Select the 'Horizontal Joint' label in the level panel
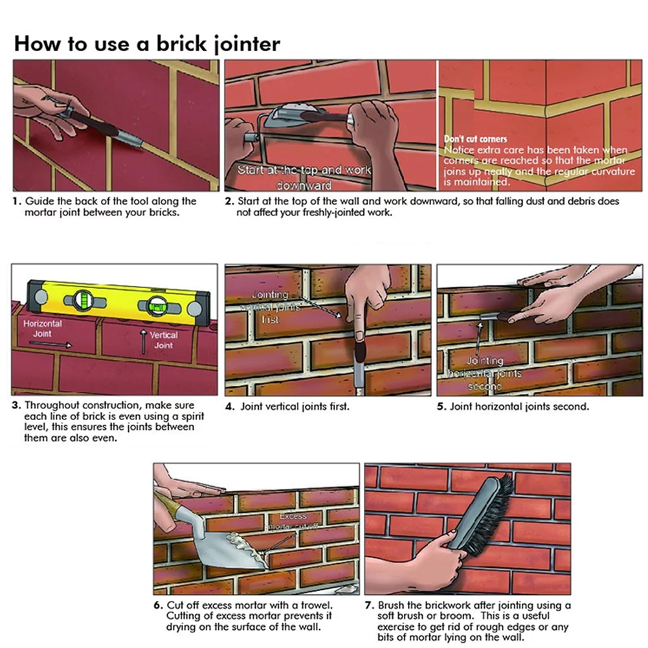click(x=42, y=328)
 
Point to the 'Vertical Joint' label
click(x=164, y=341)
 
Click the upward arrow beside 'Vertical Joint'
click(x=143, y=341)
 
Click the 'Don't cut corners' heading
click(x=475, y=139)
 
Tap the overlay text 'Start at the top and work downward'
click(x=304, y=176)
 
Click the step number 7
click(x=370, y=606)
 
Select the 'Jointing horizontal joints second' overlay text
click(x=486, y=374)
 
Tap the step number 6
click(x=158, y=606)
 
